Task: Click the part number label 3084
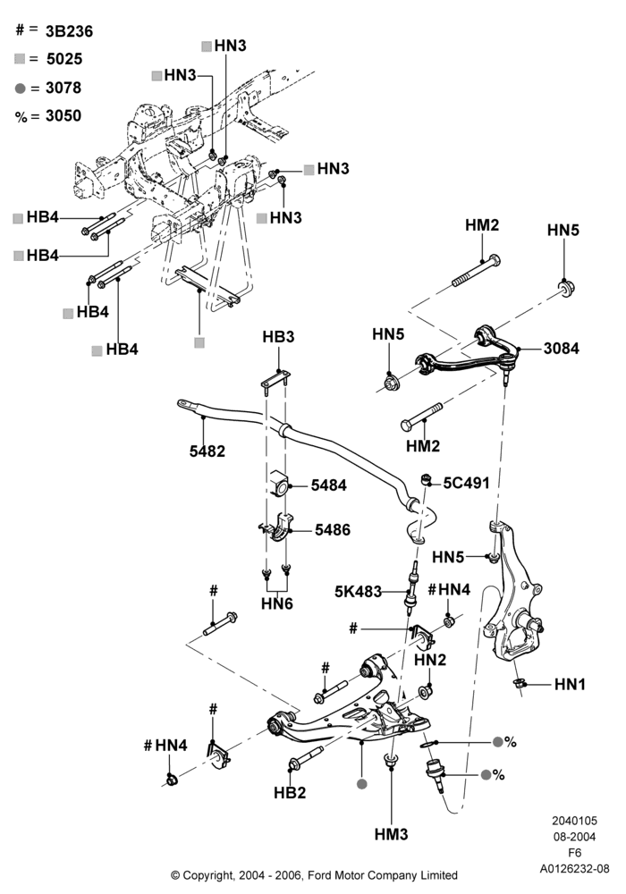[561, 349]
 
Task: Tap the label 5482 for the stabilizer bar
[207, 451]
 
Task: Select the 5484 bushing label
[328, 485]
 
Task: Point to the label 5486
[333, 529]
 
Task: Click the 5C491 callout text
[466, 483]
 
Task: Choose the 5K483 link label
[358, 592]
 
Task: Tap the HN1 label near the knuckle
[570, 684]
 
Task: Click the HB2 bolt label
[290, 792]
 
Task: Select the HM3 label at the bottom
[391, 834]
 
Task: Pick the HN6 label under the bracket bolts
[277, 603]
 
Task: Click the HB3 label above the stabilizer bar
[278, 337]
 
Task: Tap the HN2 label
[430, 660]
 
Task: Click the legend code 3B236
[69, 31]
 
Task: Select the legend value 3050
[63, 115]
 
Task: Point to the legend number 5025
[64, 59]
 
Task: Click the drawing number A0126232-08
[575, 869]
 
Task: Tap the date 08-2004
[575, 837]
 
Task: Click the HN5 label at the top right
[563, 230]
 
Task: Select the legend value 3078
[63, 88]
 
